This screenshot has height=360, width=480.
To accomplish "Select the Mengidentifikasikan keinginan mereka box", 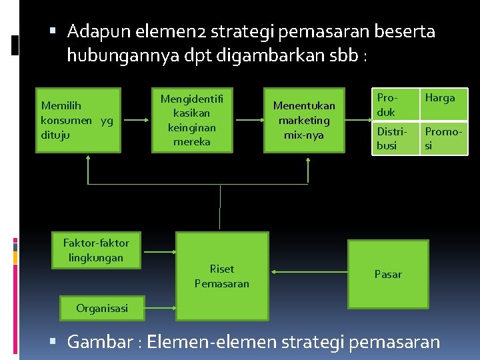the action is (191, 120).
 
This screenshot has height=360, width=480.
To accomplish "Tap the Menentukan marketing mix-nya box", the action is (304, 120).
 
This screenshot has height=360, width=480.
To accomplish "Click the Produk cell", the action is (394, 105).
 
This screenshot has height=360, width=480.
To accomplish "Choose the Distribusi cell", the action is (394, 138).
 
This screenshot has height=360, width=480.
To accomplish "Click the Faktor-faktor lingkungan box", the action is (97, 250).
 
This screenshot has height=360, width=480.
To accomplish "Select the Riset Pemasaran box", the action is (222, 275).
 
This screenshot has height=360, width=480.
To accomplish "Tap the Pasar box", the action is (388, 274).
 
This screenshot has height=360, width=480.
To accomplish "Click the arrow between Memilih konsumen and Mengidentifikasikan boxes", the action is (137, 121).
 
